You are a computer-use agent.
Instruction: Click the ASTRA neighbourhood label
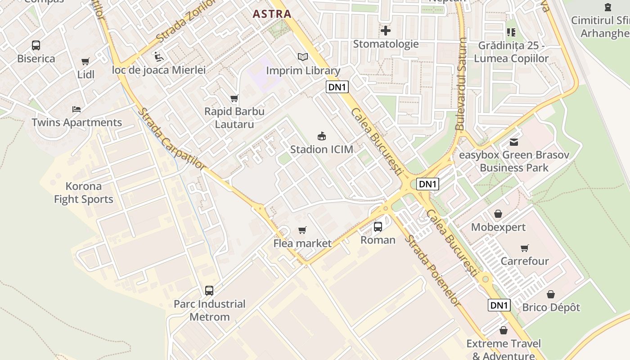click(x=272, y=14)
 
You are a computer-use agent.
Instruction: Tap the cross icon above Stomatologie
click(x=386, y=31)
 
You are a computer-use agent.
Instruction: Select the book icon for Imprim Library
click(x=303, y=57)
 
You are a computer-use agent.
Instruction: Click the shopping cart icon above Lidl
click(x=85, y=61)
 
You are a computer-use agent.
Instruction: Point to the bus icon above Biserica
click(x=36, y=45)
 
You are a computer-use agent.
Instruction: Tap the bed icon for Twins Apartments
click(x=76, y=109)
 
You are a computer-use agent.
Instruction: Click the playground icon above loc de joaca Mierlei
click(x=158, y=56)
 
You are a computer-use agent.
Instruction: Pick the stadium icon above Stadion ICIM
click(x=321, y=135)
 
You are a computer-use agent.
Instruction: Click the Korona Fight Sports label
click(x=84, y=193)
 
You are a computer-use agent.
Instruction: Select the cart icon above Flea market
click(x=302, y=230)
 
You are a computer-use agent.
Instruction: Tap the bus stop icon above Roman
click(x=378, y=227)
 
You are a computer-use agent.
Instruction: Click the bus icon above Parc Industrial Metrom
click(x=209, y=290)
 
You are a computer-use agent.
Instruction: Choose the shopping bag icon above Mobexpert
click(x=498, y=214)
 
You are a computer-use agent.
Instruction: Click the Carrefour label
click(x=525, y=261)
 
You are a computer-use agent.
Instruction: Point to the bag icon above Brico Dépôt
click(x=551, y=294)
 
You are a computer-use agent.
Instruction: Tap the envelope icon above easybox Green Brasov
click(x=514, y=142)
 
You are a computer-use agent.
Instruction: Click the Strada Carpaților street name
click(x=171, y=139)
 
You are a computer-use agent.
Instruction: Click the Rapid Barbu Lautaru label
click(x=234, y=117)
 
